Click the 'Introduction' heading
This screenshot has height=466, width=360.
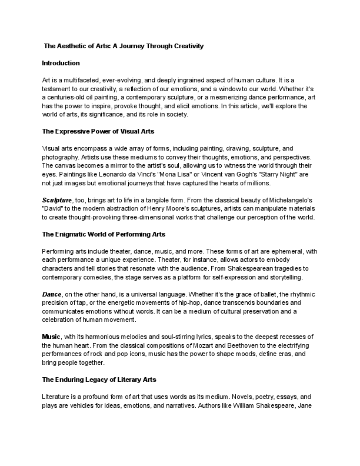[61, 62]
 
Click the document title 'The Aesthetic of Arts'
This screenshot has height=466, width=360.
[124, 46]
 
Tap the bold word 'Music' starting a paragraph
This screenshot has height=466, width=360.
[51, 336]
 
